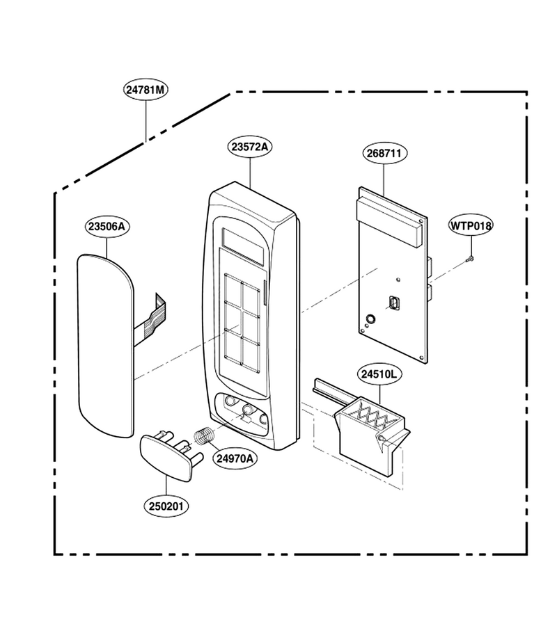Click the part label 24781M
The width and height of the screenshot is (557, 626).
(x=145, y=90)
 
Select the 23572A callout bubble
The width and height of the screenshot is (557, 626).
(x=250, y=147)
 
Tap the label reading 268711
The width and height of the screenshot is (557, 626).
(x=384, y=153)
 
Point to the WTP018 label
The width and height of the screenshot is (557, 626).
(x=471, y=225)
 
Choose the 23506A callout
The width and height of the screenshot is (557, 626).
(x=107, y=227)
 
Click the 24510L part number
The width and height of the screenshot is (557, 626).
(x=379, y=374)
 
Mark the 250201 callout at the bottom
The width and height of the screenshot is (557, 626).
(x=166, y=506)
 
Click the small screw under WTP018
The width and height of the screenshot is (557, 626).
(x=470, y=259)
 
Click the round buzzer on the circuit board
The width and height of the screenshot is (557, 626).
(x=370, y=319)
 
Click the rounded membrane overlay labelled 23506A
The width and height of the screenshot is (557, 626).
(x=105, y=345)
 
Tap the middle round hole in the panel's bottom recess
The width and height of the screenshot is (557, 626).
(x=248, y=409)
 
